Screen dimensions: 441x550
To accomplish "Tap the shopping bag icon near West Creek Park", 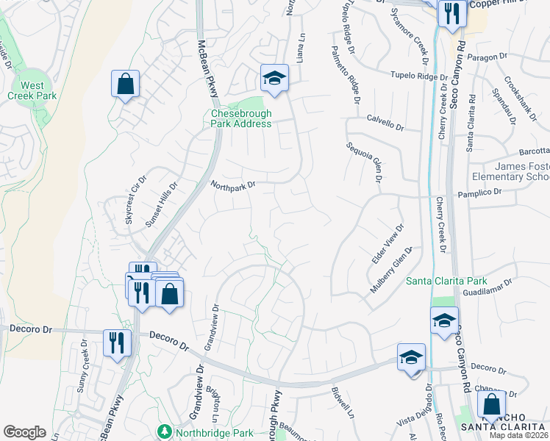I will [125, 83].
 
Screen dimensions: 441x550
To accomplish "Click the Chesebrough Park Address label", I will [241, 118].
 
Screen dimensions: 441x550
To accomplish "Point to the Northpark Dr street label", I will [232, 185].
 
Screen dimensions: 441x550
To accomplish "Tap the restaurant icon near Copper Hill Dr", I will [450, 12].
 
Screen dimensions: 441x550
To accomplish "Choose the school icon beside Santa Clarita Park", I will [444, 321].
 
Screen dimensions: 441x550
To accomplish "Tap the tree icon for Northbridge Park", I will [164, 429].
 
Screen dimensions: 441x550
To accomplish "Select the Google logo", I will [24, 432].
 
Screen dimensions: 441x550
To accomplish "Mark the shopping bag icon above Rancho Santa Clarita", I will [490, 404].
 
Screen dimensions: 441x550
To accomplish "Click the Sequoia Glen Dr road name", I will [365, 162].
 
